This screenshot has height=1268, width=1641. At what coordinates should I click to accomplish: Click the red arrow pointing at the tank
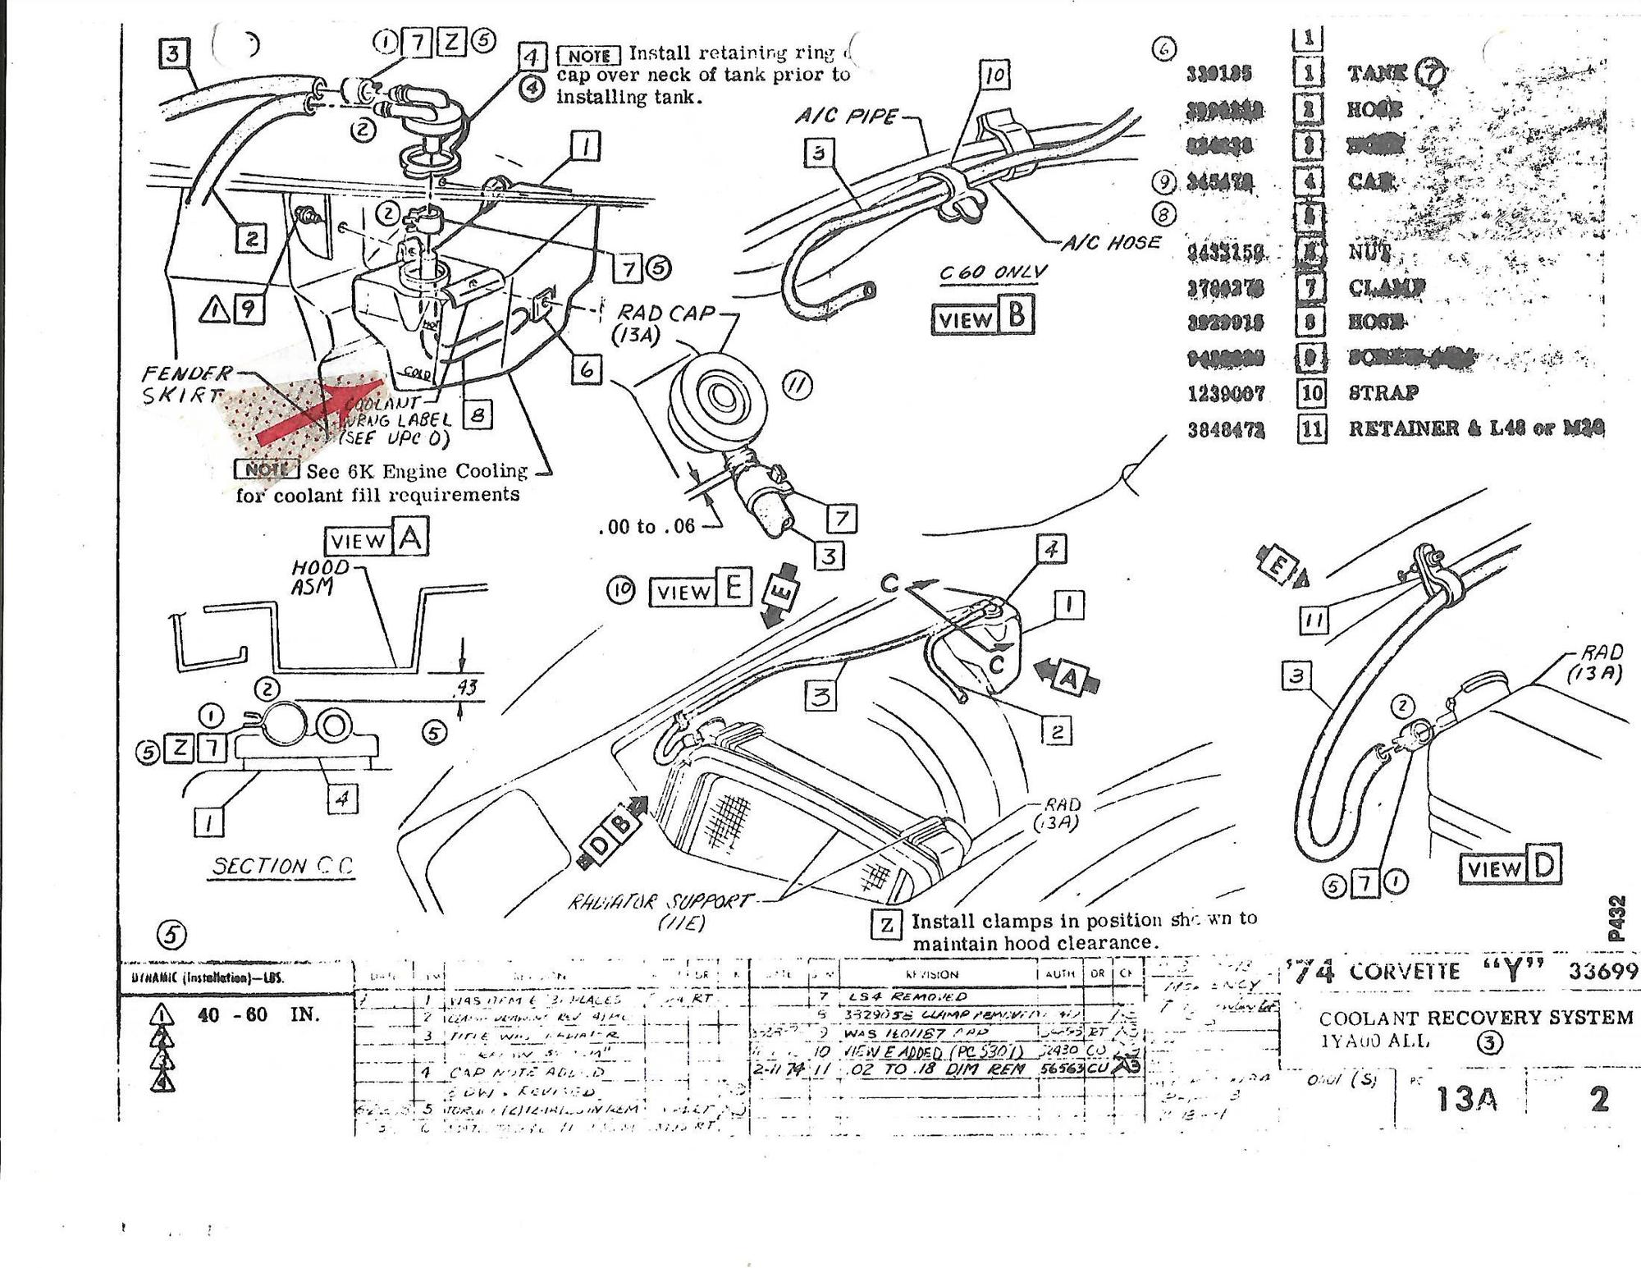(x=320, y=410)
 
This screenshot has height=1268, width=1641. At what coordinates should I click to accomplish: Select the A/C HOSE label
(x=1111, y=243)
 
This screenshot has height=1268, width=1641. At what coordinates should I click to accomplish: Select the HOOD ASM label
(x=319, y=577)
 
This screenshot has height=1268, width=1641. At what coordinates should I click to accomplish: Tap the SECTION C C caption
(x=282, y=866)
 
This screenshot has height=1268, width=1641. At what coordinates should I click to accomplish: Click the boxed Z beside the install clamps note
(x=886, y=925)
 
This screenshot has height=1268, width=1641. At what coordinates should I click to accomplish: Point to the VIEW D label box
(x=1509, y=867)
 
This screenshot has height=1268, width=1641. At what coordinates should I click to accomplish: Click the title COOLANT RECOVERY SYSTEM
(x=1474, y=1018)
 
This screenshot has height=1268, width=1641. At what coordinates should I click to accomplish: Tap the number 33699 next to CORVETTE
(x=1602, y=972)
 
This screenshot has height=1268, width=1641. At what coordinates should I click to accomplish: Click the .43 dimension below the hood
(x=467, y=687)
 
